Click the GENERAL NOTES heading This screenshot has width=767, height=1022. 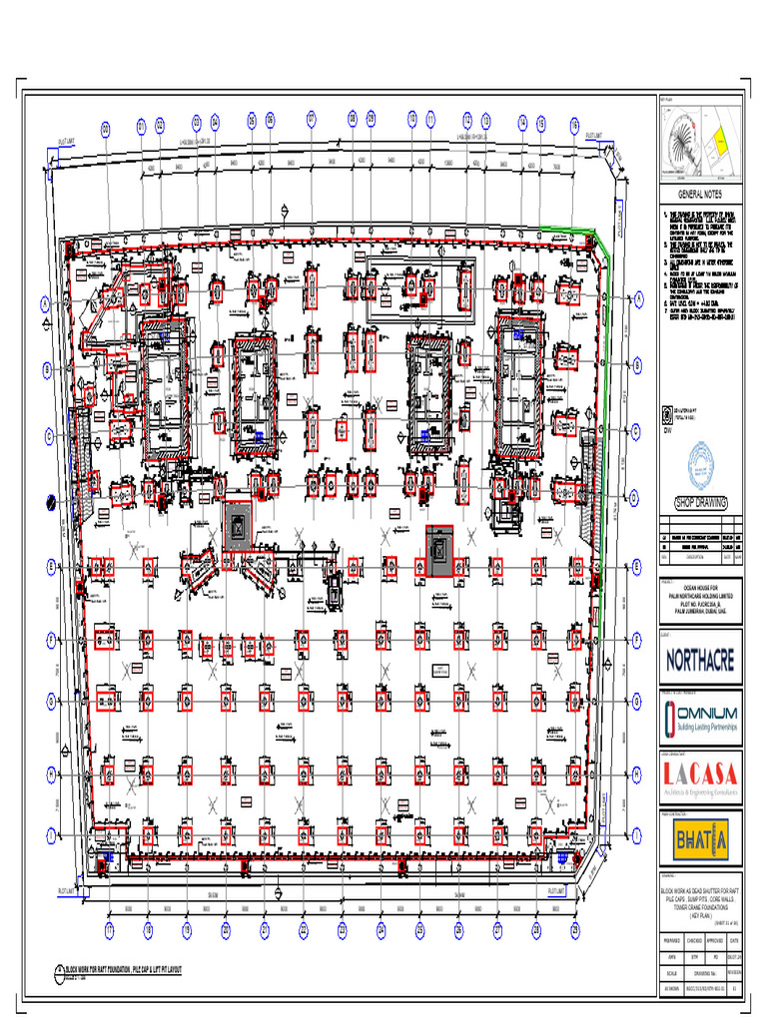click(x=699, y=195)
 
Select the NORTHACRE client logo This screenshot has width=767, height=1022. click(x=699, y=659)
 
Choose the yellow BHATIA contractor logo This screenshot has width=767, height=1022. click(x=699, y=836)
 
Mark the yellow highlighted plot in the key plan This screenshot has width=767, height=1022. click(x=718, y=146)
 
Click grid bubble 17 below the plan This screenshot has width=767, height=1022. click(x=109, y=929)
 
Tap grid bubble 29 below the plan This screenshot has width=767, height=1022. click(x=575, y=929)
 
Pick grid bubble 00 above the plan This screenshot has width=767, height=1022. click(x=104, y=129)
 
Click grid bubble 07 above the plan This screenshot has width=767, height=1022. click(x=311, y=120)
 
